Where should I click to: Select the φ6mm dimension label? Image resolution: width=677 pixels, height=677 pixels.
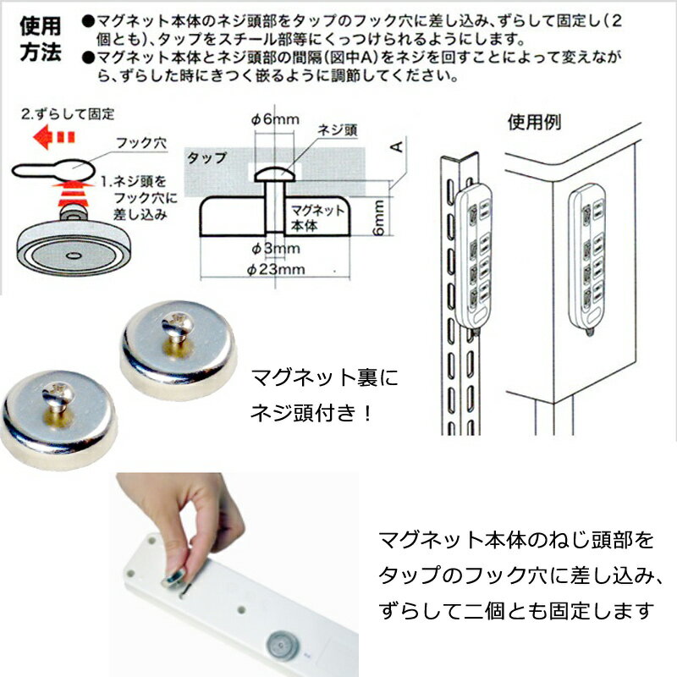click(x=274, y=119)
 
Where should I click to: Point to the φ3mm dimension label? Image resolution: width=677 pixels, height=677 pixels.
click(x=275, y=248)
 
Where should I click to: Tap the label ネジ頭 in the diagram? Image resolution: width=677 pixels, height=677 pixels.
click(x=336, y=131)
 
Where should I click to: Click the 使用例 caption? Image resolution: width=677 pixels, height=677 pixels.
click(x=534, y=121)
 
